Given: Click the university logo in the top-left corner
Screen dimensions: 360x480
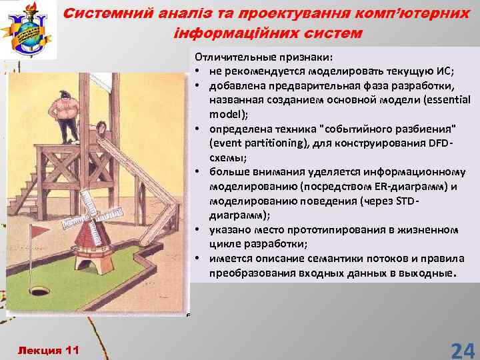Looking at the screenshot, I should pyautogui.click(x=30, y=30).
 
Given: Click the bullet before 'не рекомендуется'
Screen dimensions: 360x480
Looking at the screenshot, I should pyautogui.click(x=199, y=73).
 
